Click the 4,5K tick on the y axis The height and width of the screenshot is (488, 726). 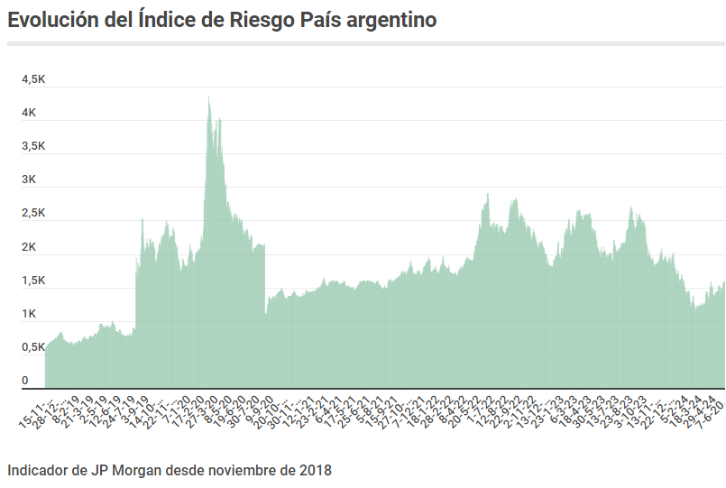(x=33, y=79)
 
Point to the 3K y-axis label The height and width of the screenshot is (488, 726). (x=29, y=180)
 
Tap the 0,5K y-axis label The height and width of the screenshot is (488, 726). (x=33, y=347)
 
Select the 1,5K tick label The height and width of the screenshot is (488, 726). (x=33, y=281)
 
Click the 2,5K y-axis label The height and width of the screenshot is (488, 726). (x=33, y=213)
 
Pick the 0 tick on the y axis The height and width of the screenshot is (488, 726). (x=25, y=381)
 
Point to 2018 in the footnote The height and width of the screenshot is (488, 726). (x=316, y=470)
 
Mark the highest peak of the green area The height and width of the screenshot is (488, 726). (x=209, y=97)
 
